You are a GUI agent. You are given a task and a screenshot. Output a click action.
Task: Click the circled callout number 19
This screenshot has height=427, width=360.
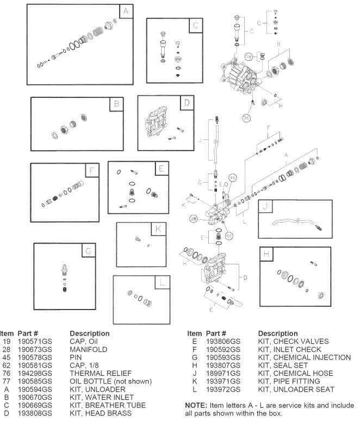[x=249, y=56]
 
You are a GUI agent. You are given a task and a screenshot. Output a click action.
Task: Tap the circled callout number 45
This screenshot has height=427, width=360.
[x=232, y=177]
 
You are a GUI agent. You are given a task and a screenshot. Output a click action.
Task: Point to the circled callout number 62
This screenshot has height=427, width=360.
[x=228, y=236]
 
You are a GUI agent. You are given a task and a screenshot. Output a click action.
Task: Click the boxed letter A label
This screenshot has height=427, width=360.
[x=126, y=11]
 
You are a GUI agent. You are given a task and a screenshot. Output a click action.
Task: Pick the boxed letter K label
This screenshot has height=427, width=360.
[x=158, y=230]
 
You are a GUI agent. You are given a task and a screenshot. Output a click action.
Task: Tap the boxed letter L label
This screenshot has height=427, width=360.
[x=162, y=282]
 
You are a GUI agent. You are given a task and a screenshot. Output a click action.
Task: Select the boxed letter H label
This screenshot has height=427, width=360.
[x=265, y=255]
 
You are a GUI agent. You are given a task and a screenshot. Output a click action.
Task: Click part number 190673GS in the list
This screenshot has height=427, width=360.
[x=35, y=349]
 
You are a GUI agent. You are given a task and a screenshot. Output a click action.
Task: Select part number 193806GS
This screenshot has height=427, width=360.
[x=223, y=342]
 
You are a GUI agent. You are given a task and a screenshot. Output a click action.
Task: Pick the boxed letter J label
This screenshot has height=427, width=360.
[x=265, y=207]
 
